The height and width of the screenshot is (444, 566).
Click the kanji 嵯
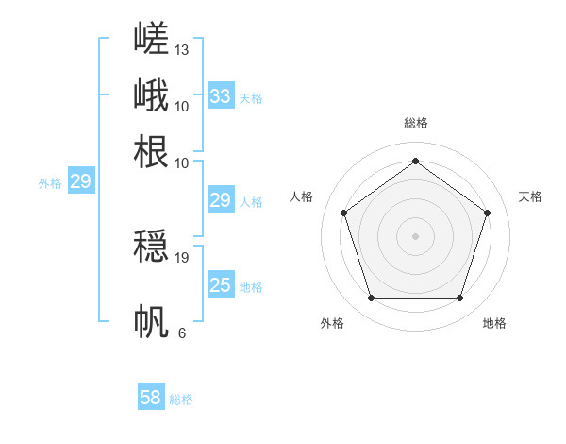(151, 38)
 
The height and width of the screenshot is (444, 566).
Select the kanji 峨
(151, 94)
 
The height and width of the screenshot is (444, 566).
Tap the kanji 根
(151, 151)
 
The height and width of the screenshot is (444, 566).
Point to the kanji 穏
(151, 246)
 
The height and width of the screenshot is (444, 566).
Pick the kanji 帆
(151, 321)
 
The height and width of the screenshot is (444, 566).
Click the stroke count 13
(181, 50)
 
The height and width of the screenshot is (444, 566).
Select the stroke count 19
(181, 258)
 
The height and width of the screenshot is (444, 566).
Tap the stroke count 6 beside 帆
(182, 333)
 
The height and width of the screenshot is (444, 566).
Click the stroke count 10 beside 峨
(181, 107)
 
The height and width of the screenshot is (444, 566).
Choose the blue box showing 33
(221, 95)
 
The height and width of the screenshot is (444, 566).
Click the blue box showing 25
(221, 283)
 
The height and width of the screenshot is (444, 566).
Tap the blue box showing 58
(151, 396)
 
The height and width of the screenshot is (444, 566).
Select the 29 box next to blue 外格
(81, 180)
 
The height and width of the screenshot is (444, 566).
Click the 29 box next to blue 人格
(221, 199)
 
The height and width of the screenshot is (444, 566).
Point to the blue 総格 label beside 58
(181, 400)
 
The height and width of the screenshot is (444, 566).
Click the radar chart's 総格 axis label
(416, 123)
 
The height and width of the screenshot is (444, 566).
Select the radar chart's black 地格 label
(494, 323)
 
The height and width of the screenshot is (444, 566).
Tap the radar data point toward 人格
(344, 213)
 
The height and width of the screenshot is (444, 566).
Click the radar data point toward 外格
(372, 298)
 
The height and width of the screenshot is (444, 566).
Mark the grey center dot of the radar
(415, 236)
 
